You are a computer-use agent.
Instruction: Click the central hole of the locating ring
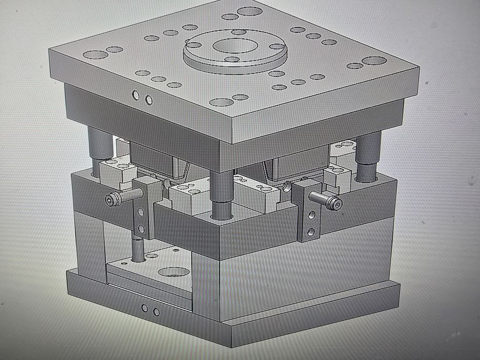234,45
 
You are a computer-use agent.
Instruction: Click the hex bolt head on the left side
111,200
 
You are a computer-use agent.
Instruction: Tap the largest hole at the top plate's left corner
94,55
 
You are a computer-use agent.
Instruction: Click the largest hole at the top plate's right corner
374,61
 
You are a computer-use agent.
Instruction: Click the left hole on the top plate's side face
136,95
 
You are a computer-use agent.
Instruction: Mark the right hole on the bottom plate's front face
156,312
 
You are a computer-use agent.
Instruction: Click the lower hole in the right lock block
311,232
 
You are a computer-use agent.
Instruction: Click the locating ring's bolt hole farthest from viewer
238,32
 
